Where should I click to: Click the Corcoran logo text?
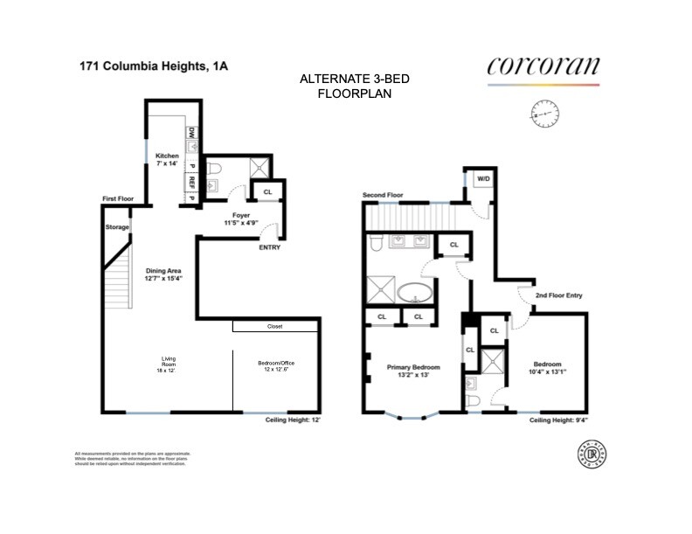click(543, 66)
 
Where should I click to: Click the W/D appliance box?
click(482, 179)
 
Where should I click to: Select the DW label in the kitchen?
click(190, 133)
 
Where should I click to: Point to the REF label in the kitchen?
click(190, 183)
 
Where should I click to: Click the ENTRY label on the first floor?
click(270, 247)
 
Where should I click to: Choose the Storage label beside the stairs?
click(117, 227)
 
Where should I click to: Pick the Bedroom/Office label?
click(275, 364)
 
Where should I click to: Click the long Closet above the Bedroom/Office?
click(275, 327)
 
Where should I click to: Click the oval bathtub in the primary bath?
click(415, 293)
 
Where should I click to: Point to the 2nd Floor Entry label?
click(558, 295)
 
